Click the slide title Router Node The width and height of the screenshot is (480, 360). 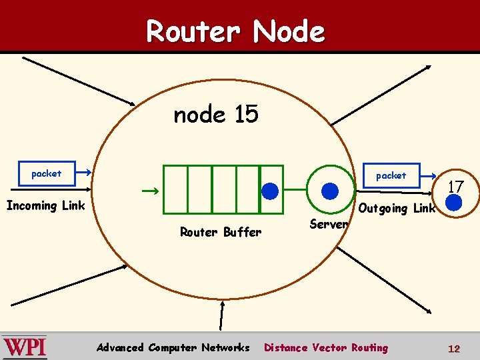(235, 31)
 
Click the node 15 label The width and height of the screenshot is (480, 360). (215, 115)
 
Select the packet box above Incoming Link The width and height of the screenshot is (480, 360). (46, 173)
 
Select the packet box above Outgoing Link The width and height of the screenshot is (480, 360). (391, 175)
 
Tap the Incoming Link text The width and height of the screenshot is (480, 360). (45, 205)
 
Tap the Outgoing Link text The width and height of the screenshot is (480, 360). (397, 208)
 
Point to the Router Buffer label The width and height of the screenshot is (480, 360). (221, 232)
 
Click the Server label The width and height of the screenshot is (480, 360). (329, 224)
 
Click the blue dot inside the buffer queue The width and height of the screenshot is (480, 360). (270, 191)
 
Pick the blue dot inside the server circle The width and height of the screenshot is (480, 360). (330, 191)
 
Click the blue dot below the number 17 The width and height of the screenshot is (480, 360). (454, 203)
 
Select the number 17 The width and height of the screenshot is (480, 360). (455, 187)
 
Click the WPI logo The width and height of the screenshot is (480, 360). (25, 347)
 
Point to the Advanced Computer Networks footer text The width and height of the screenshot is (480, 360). (173, 347)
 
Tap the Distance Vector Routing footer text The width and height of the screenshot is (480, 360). (326, 347)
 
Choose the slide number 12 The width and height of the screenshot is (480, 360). (454, 348)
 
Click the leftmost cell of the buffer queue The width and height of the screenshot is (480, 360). (175, 189)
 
